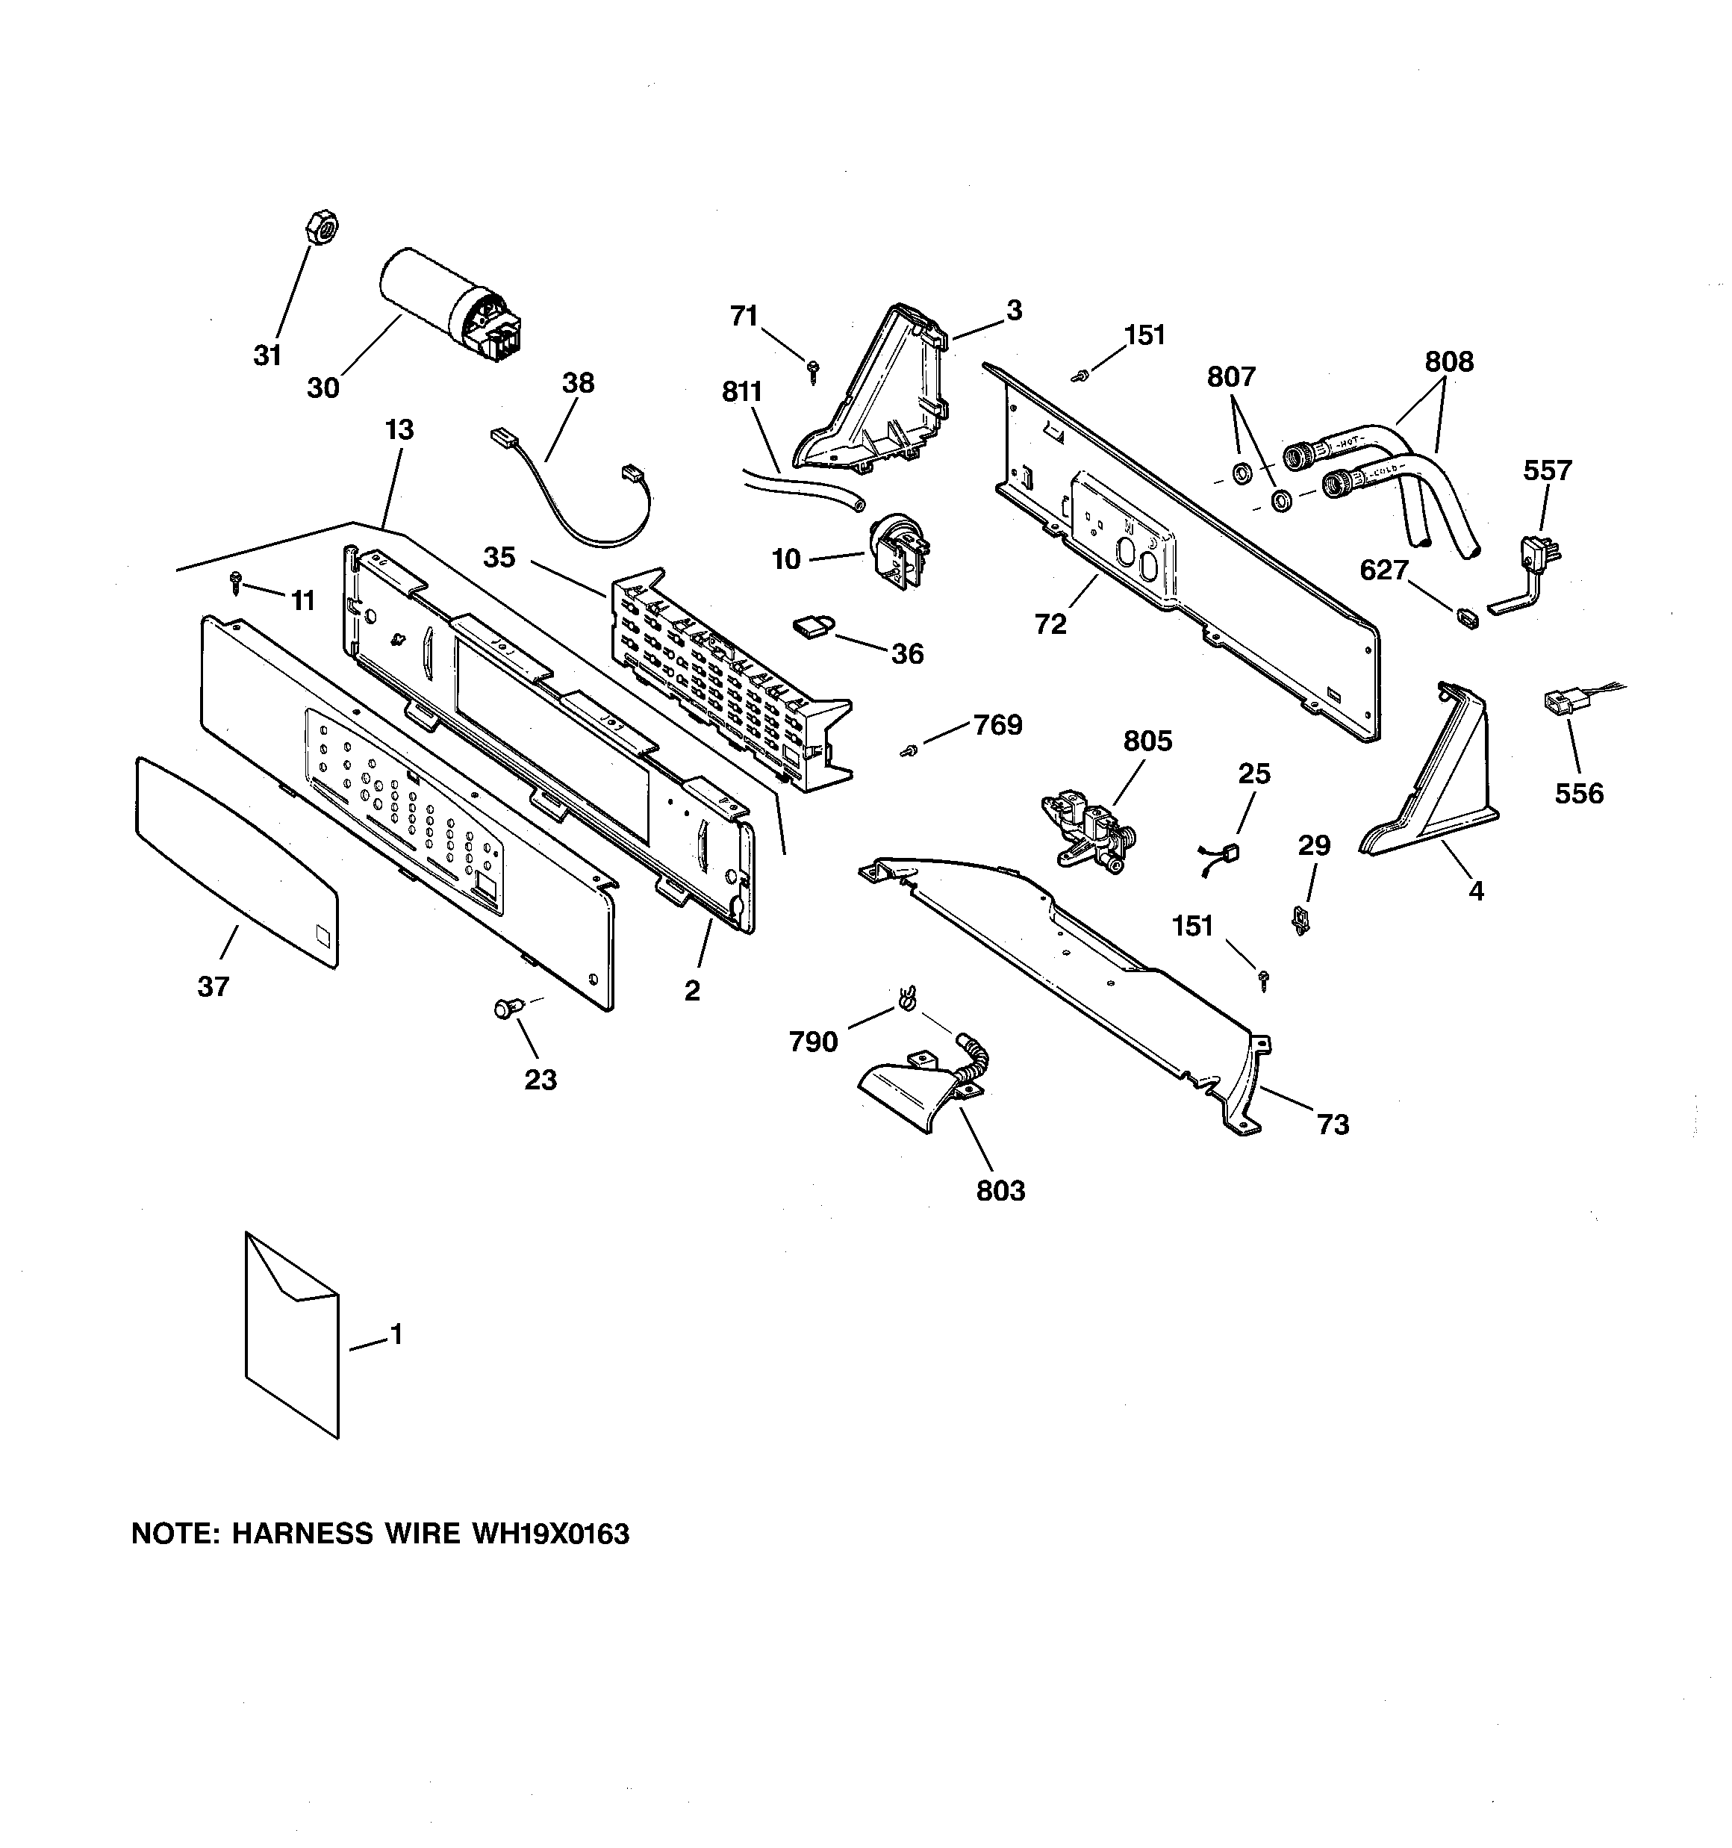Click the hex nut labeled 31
tap(321, 228)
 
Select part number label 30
tap(323, 388)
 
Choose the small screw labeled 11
tap(236, 584)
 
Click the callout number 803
tap(1000, 1191)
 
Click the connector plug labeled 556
tap(1561, 703)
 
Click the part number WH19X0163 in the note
tap(551, 1534)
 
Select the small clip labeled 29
tap(1300, 921)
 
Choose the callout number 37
tap(213, 986)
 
